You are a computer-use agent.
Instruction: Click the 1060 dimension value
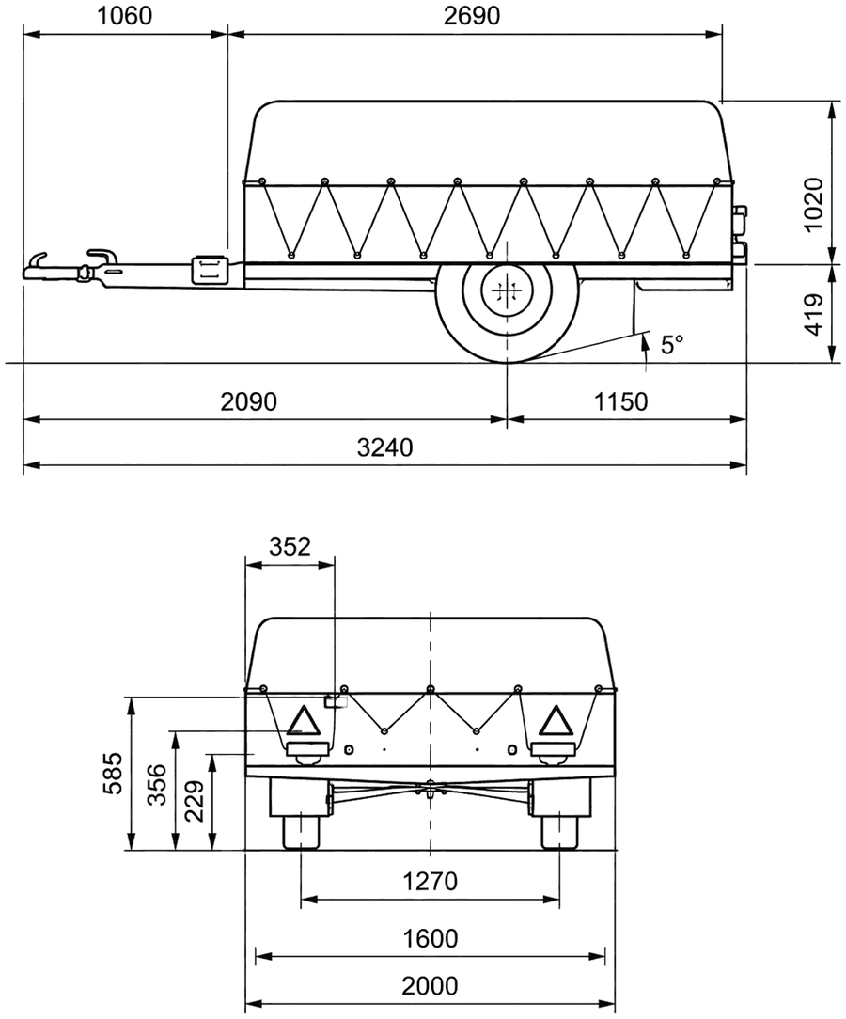click(x=124, y=16)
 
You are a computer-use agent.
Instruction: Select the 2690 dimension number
click(x=472, y=16)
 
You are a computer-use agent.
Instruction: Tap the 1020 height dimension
click(x=813, y=203)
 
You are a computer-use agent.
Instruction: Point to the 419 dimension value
click(x=813, y=315)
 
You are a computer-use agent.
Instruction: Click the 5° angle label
click(x=672, y=344)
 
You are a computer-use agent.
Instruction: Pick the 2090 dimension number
click(x=249, y=401)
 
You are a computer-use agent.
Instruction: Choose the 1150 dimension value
click(x=621, y=401)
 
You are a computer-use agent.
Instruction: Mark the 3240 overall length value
click(x=385, y=447)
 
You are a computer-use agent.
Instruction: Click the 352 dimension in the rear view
click(x=290, y=546)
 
